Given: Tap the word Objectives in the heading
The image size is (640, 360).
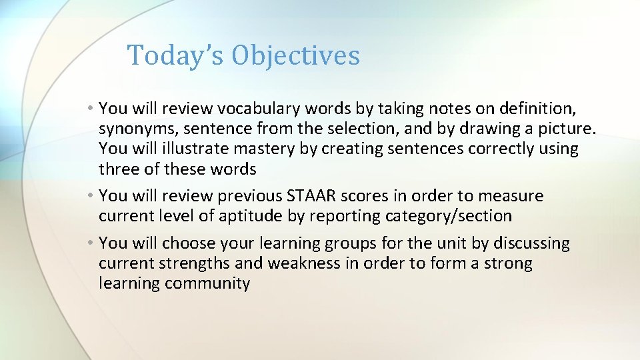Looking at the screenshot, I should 295,56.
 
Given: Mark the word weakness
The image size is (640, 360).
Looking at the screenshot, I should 303,264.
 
